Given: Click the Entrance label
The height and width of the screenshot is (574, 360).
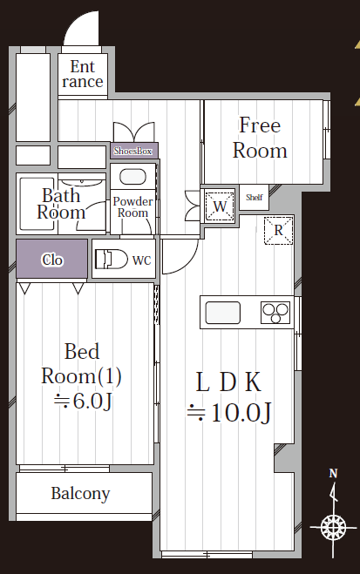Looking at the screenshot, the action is pos(83,74).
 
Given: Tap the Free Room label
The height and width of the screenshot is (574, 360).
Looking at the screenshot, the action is pos(260,138).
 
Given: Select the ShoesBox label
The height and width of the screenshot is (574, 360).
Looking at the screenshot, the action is pos(132,151).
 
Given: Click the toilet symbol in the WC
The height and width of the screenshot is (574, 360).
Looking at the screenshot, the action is pos(111,260).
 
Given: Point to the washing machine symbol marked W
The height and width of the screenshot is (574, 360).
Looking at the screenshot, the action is pos(220,206).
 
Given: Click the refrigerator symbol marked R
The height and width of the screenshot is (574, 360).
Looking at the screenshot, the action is pos(278,230).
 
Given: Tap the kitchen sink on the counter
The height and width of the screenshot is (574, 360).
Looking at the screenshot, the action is pos(222,313).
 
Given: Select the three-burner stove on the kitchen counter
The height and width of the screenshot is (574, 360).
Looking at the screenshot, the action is pos(275,313).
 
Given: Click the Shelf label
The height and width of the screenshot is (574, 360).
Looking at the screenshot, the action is pos(255,198).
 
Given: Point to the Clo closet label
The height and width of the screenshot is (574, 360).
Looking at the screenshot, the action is pos(52,260).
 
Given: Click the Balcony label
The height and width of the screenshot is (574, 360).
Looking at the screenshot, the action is pos(80,494).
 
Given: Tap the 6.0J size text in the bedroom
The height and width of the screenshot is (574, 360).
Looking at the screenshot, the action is pos(83,401).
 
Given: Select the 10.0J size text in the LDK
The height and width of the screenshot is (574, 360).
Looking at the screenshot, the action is pos(229,413).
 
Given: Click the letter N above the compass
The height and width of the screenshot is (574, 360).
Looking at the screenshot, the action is pos(333,474).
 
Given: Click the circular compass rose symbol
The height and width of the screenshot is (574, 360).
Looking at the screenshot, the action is pos(333,528).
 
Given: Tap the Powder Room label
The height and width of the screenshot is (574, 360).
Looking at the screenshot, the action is pos(132,206).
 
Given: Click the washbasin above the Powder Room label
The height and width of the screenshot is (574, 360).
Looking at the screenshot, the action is pos(132,177).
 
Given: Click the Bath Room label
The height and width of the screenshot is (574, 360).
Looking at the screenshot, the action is pos(61,204).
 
